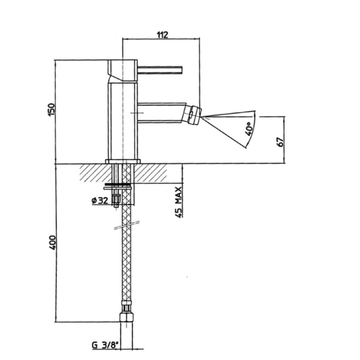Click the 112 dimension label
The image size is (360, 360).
162,35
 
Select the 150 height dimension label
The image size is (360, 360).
52,110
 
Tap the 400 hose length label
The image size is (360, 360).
52,242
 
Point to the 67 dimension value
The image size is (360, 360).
280,142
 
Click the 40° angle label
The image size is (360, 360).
249,129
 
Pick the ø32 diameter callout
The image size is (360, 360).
100,201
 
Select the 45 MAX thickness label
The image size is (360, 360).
179,202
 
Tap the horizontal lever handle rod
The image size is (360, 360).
160,70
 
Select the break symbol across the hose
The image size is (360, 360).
127,225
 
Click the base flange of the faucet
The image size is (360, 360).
122,161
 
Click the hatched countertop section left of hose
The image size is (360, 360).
96,173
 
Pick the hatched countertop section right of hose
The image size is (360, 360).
150,173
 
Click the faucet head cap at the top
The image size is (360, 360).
122,70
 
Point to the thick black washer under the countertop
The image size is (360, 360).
118,184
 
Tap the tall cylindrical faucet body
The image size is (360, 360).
122,121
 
